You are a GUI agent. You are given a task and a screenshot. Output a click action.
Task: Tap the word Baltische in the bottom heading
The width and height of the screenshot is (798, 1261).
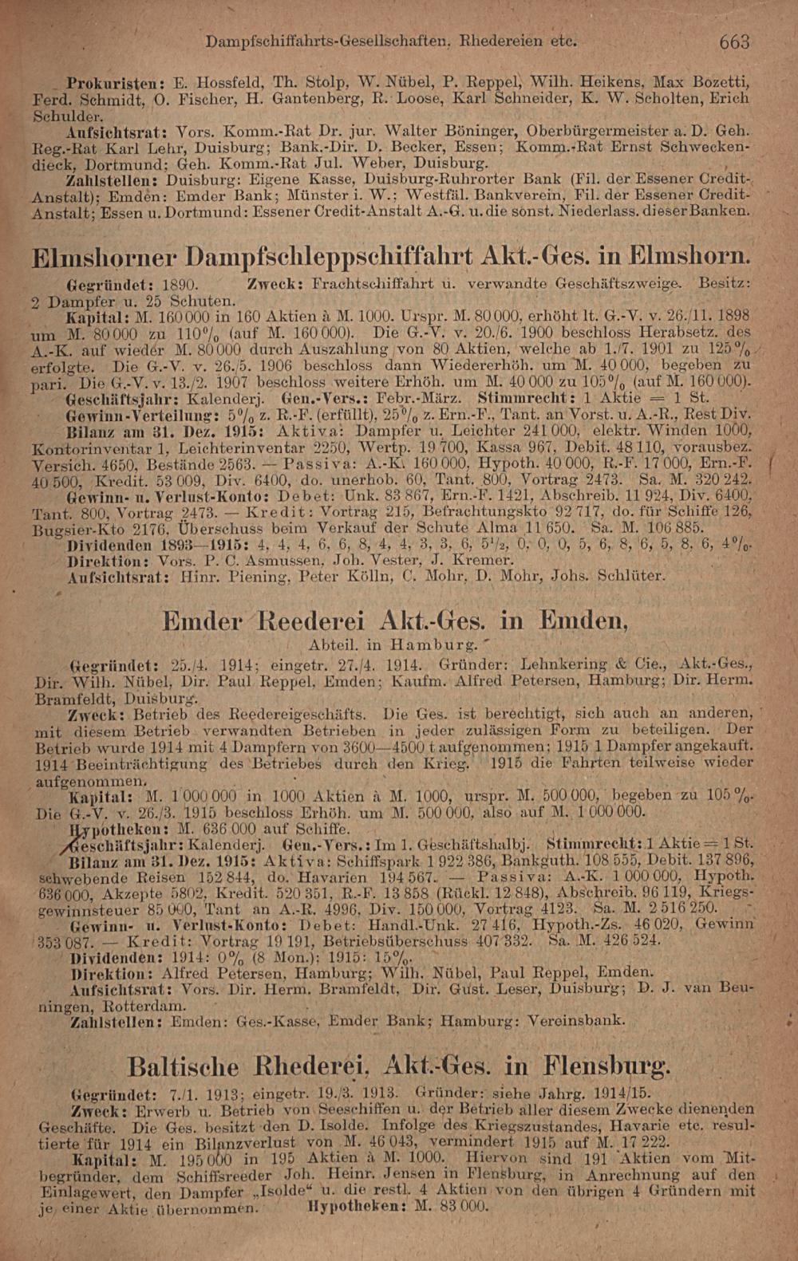tap(184, 1066)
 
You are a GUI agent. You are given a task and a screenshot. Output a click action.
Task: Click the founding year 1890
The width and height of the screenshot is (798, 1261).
tap(181, 285)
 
